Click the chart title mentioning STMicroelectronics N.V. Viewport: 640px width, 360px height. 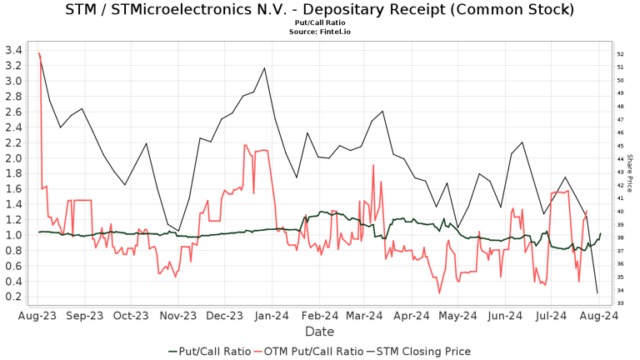point(319,10)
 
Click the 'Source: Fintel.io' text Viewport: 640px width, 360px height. point(319,32)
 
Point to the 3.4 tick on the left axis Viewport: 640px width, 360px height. point(12,50)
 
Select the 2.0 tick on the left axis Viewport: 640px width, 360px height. point(12,157)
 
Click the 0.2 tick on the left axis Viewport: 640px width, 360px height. point(12,296)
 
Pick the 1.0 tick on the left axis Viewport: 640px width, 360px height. point(12,234)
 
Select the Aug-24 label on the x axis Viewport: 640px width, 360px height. point(598,316)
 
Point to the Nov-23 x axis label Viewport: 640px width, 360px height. point(177,316)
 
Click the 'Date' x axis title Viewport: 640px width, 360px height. point(319,332)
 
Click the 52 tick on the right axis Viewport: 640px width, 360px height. point(620,54)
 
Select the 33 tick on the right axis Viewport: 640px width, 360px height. point(620,302)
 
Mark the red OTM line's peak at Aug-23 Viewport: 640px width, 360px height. point(39,53)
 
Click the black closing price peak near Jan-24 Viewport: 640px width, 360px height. point(264,67)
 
